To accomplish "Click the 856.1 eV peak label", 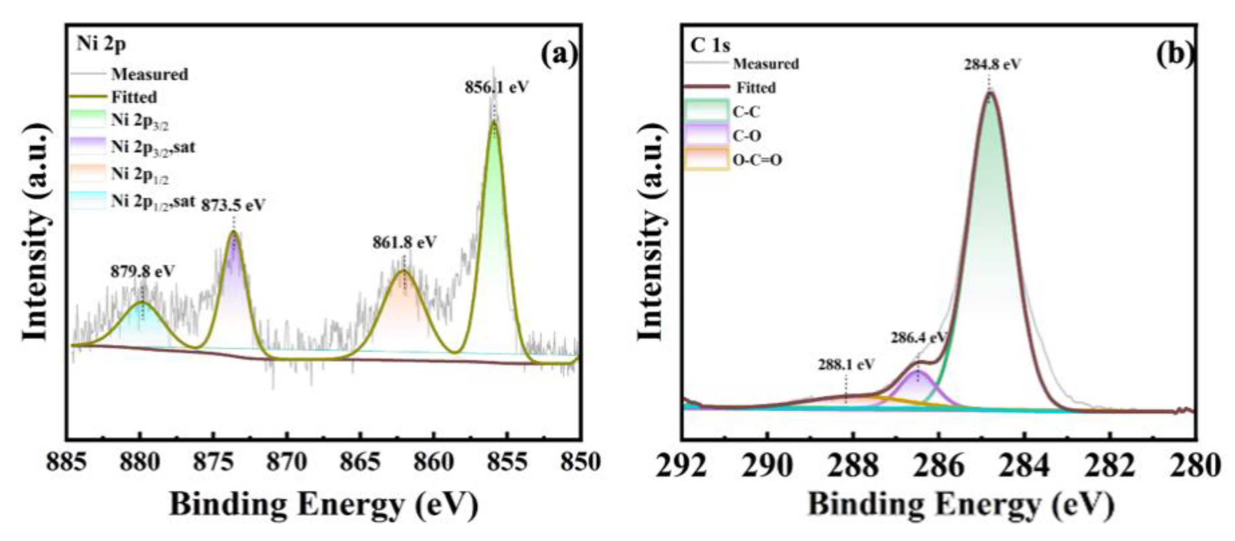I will pyautogui.click(x=496, y=88).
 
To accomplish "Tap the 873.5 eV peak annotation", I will pyautogui.click(x=233, y=205).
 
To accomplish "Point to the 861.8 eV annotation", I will pyautogui.click(x=405, y=242).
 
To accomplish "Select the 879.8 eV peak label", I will pyautogui.click(x=143, y=271).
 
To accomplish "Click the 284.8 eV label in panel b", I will pyautogui.click(x=992, y=64).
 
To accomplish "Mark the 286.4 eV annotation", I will pyautogui.click(x=918, y=338).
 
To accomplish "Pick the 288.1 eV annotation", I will pyautogui.click(x=846, y=365).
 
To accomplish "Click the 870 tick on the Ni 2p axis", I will pyautogui.click(x=287, y=463).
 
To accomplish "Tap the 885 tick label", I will pyautogui.click(x=67, y=463).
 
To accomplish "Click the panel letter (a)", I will pyautogui.click(x=559, y=56).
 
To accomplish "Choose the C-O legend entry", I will pyautogui.click(x=746, y=136).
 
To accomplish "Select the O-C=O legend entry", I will pyautogui.click(x=757, y=159).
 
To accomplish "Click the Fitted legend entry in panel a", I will pyautogui.click(x=134, y=97).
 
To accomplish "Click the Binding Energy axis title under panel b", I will pyautogui.click(x=960, y=505).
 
